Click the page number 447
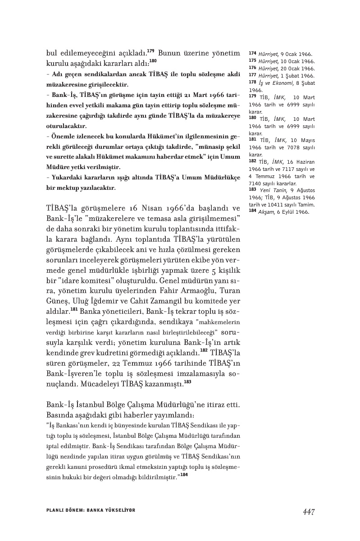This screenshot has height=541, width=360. coord(308,511)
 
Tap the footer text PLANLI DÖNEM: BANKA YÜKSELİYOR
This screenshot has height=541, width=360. coord(91,510)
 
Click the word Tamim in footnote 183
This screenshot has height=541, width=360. coord(305,204)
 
